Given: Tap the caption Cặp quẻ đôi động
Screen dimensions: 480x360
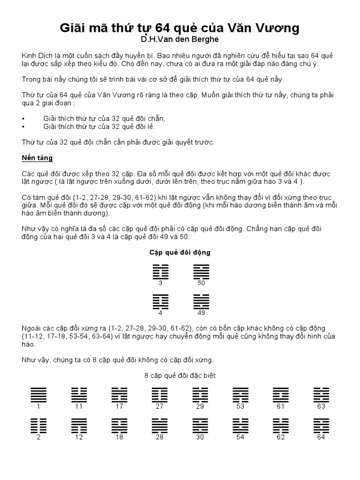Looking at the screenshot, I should (x=180, y=252).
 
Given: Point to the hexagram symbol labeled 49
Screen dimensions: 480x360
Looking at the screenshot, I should (x=201, y=302).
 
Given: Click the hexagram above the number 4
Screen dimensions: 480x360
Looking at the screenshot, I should (x=160, y=302).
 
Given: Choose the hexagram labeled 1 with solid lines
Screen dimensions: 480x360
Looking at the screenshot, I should (x=39, y=395).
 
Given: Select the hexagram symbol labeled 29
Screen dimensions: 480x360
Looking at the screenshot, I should (x=200, y=395).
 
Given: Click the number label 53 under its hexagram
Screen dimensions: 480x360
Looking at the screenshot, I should (x=240, y=406).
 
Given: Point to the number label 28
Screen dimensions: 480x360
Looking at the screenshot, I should (x=160, y=437).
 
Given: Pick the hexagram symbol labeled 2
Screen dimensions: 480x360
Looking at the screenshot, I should (x=39, y=426).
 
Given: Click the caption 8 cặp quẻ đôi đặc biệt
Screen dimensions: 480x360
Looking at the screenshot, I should (x=180, y=376).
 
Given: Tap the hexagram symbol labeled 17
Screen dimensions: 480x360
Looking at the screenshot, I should (x=120, y=395).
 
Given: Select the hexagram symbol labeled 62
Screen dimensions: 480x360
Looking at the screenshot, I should (x=281, y=426).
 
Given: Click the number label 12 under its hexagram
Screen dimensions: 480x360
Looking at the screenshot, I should (x=79, y=437).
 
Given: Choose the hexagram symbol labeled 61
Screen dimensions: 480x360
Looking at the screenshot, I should (x=281, y=395).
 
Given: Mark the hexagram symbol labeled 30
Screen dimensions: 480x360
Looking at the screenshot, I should (x=200, y=426).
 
